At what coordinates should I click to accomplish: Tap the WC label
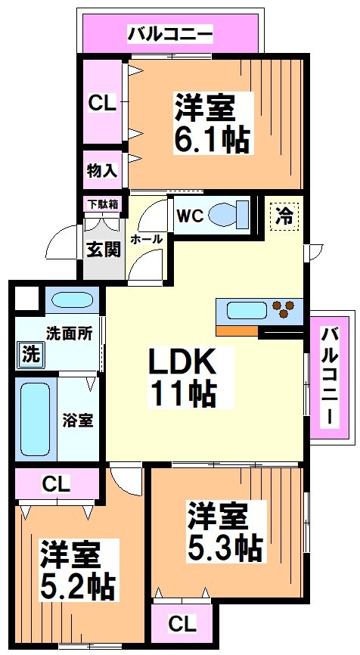(188, 215)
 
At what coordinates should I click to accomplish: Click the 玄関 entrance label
(103, 249)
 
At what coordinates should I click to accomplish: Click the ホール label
(146, 239)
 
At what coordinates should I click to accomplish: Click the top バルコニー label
(170, 33)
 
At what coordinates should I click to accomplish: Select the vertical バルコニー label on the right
(331, 377)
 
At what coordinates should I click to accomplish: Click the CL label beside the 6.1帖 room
(101, 104)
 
